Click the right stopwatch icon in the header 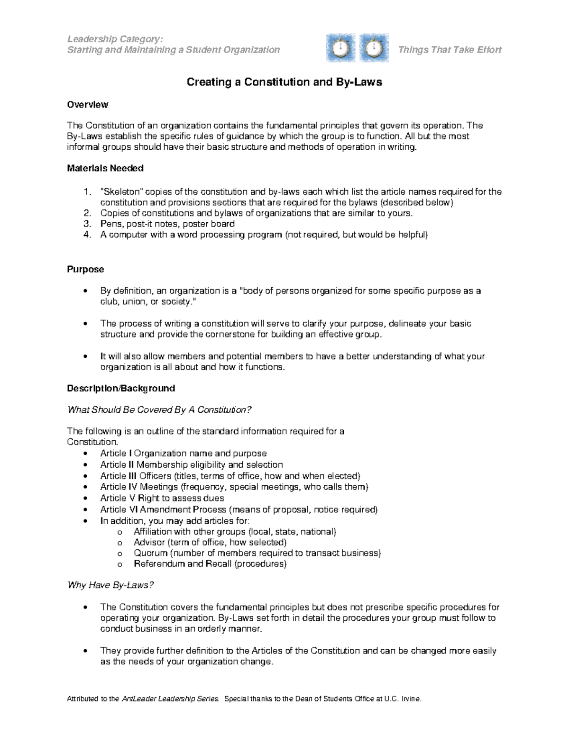[x=374, y=48]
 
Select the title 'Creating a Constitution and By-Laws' [x=284, y=82]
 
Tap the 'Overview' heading [x=88, y=104]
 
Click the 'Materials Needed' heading [x=105, y=168]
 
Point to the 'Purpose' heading [x=85, y=269]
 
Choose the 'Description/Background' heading [x=121, y=388]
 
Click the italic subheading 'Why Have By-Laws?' [x=111, y=585]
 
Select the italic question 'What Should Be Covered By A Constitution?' [x=159, y=410]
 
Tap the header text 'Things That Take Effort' [x=450, y=50]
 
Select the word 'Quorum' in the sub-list [x=150, y=553]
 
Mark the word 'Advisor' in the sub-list [x=149, y=542]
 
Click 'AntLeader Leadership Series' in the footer [x=171, y=699]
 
